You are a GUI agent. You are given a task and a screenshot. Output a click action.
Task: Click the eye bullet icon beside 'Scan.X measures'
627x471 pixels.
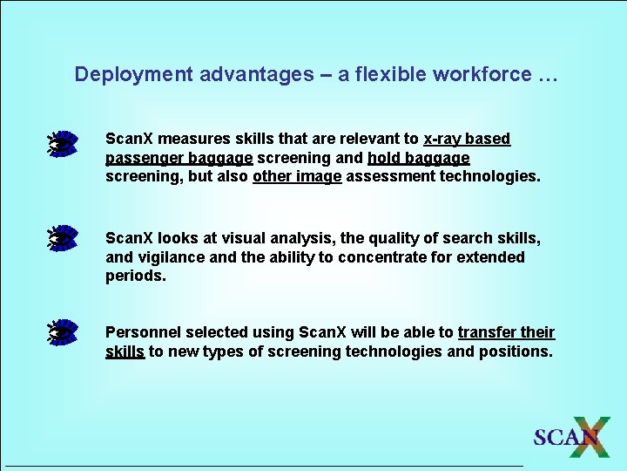63,143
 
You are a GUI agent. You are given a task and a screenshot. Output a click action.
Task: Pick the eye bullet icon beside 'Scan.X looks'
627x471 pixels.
63,238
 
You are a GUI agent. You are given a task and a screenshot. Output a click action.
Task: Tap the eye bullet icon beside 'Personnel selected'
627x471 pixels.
63,332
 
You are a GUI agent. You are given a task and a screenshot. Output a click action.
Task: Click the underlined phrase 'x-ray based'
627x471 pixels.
467,139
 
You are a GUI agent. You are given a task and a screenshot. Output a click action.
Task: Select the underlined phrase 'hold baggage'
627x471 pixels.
418,158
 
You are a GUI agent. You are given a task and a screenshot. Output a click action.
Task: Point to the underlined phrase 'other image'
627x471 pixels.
297,177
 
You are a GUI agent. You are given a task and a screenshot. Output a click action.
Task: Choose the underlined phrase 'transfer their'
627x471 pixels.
506,332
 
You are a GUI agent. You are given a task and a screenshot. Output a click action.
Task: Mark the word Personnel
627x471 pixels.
142,332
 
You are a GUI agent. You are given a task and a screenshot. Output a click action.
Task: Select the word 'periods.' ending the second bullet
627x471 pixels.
135,276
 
